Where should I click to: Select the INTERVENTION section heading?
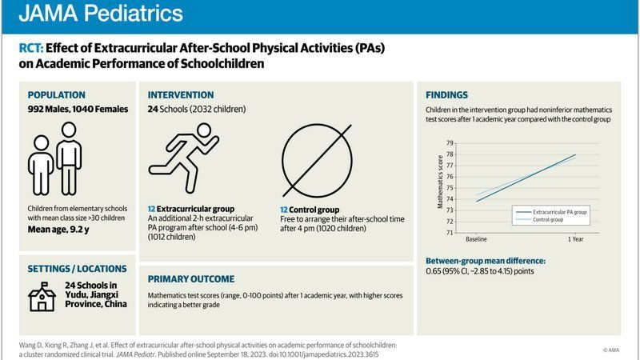pyautogui.click(x=181, y=94)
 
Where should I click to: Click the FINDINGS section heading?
pyautogui.click(x=447, y=94)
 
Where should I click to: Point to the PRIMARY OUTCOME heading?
pyautogui.click(x=191, y=279)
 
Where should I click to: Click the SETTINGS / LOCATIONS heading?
pyautogui.click(x=77, y=269)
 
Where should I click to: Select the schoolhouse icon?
pyautogui.click(x=42, y=296)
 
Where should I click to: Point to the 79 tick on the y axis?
pyautogui.click(x=450, y=142)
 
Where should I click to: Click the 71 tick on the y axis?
pyautogui.click(x=450, y=233)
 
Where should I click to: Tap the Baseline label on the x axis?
pyautogui.click(x=477, y=239)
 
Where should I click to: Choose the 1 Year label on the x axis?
pyautogui.click(x=574, y=239)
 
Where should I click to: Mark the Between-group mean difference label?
pyautogui.click(x=485, y=261)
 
